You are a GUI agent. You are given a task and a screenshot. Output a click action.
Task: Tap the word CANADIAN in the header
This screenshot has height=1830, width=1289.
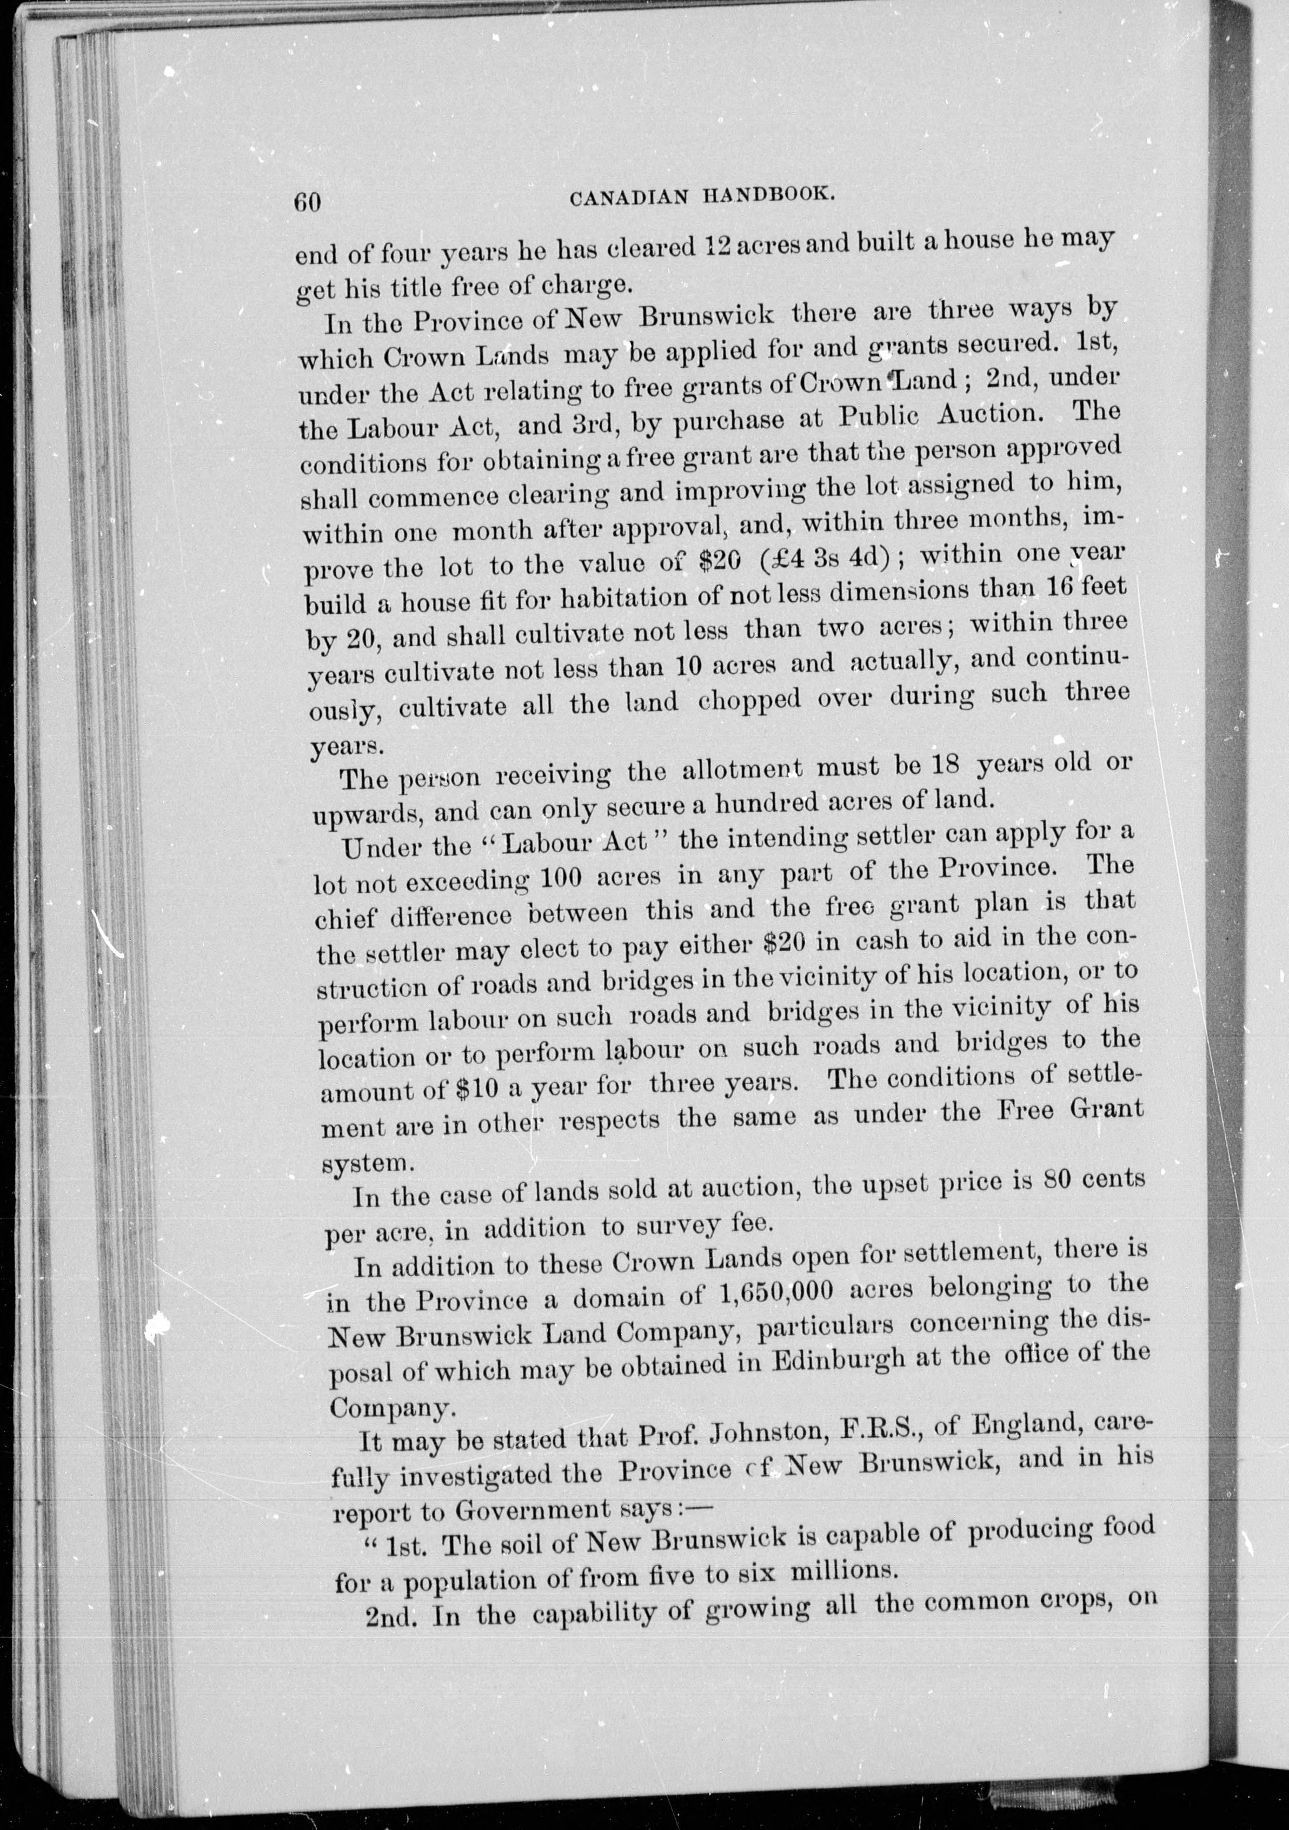[x=629, y=198]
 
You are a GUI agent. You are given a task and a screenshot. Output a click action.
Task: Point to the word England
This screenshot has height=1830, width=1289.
[x=1021, y=1423]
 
